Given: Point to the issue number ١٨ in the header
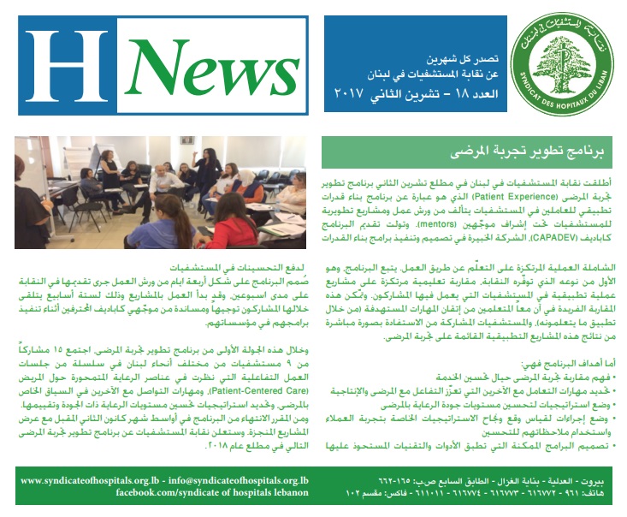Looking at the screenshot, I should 441,92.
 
